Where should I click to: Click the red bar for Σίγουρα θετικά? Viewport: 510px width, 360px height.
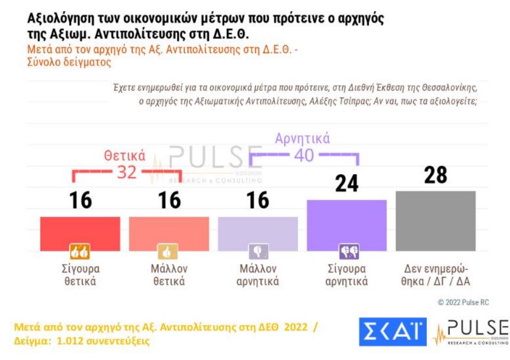click(x=80, y=233)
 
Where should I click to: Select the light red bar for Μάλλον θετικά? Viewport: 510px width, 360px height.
click(x=169, y=233)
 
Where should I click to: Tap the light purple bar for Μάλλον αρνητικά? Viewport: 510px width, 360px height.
click(x=258, y=233)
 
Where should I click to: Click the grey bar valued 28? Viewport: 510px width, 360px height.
click(x=435, y=220)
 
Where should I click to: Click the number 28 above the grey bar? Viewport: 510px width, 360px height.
click(x=435, y=175)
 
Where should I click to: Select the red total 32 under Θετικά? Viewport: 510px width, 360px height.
click(x=127, y=172)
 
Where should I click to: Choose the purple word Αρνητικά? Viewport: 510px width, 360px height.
click(x=302, y=138)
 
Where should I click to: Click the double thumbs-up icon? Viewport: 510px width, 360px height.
click(x=80, y=251)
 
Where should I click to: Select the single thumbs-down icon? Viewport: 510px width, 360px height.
click(x=258, y=251)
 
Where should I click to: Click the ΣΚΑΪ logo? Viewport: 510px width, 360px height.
click(x=392, y=332)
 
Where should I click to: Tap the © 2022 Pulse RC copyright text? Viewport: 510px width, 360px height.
click(x=463, y=302)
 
